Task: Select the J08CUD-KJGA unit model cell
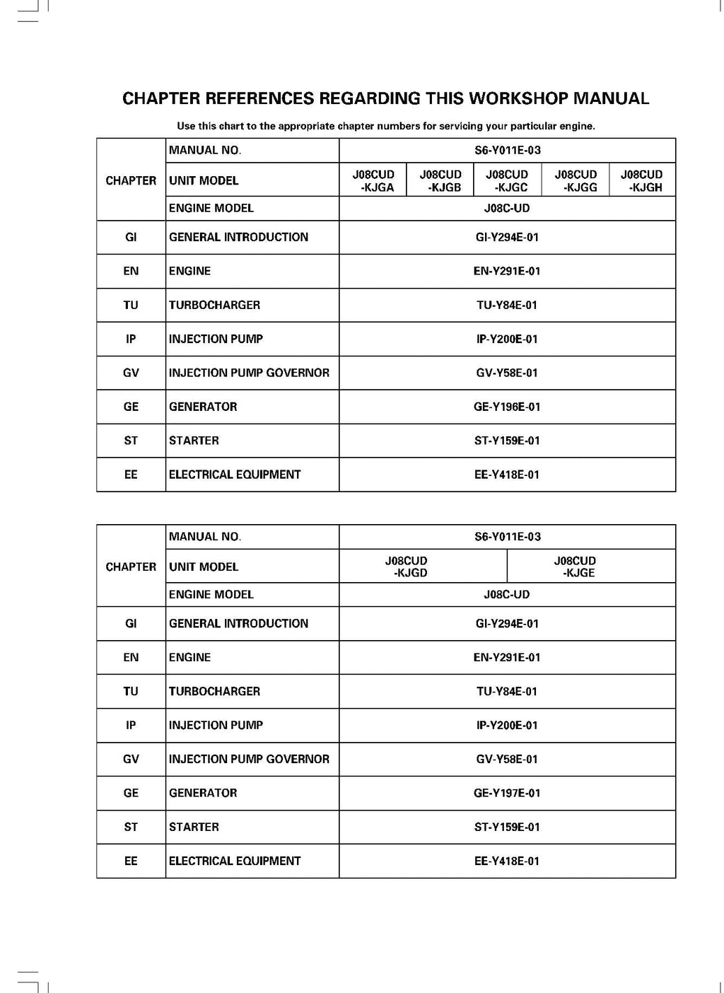373,180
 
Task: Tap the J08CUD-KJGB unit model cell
440,180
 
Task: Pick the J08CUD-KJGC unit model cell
507,180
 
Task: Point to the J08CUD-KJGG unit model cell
576,180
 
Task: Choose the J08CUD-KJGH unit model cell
642,180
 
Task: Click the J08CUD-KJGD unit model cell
407,567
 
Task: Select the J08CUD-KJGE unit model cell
575,567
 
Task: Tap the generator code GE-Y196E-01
507,407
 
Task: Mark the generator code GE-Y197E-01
507,793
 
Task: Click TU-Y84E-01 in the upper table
507,305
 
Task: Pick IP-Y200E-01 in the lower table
507,725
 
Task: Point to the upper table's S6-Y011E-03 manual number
507,150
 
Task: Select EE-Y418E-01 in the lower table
507,861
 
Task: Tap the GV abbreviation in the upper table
131,373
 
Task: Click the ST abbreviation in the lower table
131,827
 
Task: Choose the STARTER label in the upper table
194,441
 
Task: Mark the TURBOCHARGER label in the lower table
214,691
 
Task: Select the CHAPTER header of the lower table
131,567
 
